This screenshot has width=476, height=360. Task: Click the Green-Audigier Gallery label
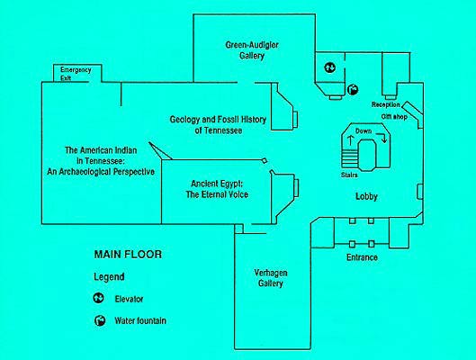[x=252, y=50]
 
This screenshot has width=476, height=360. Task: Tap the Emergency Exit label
[x=76, y=74]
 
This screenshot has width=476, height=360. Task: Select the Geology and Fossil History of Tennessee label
[x=218, y=125]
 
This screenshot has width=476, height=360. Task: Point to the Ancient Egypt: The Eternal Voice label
[x=217, y=189]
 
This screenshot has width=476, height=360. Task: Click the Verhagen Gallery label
[x=271, y=278]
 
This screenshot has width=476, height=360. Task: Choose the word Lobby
[x=366, y=196]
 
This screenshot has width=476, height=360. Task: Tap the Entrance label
[x=362, y=257]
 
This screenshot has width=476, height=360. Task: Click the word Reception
[x=385, y=104]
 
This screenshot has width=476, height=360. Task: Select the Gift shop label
[x=394, y=117]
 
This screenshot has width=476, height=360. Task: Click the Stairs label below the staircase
[x=349, y=175]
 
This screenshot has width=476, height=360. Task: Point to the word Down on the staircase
[x=364, y=131]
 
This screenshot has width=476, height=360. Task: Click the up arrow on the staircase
[x=351, y=139]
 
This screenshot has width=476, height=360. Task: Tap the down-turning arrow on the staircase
[x=382, y=137]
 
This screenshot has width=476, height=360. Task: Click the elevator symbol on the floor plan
[x=329, y=67]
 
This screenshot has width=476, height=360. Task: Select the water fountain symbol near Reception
[x=353, y=89]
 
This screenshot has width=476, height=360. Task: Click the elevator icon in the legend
[x=98, y=299]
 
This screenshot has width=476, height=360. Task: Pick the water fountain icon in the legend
[x=100, y=320]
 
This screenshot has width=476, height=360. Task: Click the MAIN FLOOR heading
[x=128, y=255]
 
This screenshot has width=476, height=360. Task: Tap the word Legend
[x=109, y=277]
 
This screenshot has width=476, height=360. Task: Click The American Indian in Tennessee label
[x=101, y=161]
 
